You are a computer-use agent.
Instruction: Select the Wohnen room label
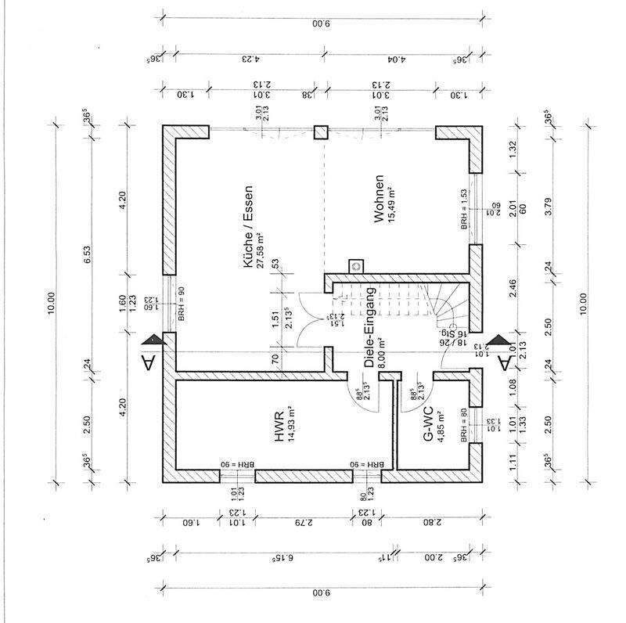pos(378,200)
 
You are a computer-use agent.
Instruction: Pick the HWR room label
pos(279,423)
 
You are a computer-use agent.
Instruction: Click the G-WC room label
pos(428,423)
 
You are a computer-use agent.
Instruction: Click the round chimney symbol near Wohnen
pos(358,265)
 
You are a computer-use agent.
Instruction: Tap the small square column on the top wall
pos(321,132)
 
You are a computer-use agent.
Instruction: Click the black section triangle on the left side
pos(152,340)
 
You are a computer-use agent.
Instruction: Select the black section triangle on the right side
pos(505,342)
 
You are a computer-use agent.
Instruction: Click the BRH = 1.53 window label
pos(465,208)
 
